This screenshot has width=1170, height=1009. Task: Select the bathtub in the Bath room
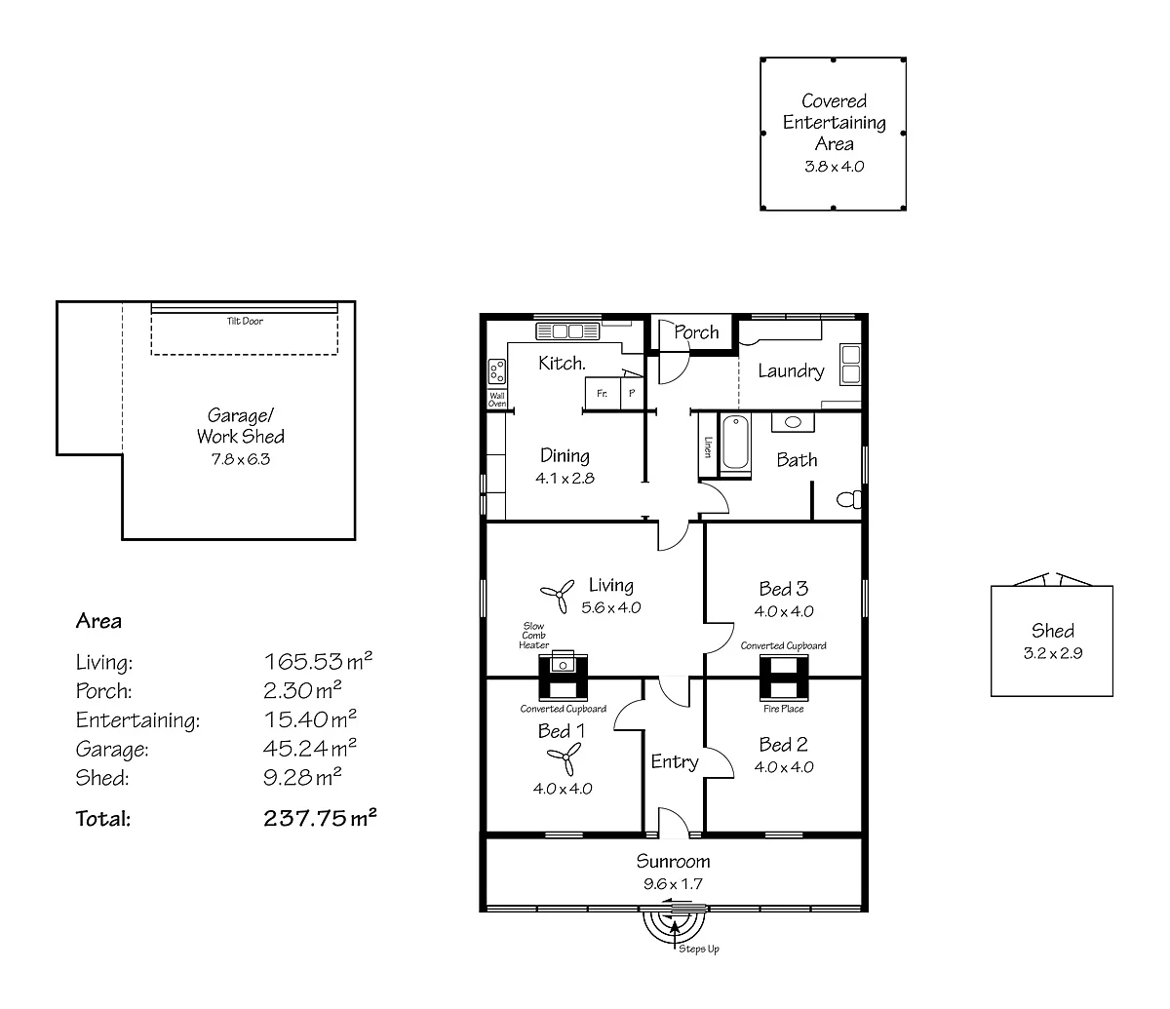click(735, 446)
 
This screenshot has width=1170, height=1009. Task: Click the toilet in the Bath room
click(849, 500)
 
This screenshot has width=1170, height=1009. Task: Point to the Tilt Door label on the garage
click(245, 321)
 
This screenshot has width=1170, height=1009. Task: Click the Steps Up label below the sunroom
click(699, 950)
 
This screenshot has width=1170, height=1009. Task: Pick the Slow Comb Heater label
click(533, 636)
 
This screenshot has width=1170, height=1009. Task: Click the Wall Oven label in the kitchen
click(496, 400)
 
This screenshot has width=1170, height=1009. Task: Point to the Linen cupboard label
click(707, 446)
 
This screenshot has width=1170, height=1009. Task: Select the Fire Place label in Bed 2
click(784, 709)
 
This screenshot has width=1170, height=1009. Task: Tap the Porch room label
click(696, 332)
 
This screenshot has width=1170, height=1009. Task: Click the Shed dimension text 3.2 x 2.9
click(1052, 653)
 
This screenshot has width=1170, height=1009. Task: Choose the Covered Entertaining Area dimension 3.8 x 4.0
click(834, 166)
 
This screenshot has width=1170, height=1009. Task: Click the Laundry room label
click(791, 370)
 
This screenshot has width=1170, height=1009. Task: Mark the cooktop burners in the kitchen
click(496, 370)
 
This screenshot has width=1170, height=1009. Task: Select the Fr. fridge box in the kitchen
click(602, 394)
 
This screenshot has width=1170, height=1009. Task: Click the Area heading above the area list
click(98, 621)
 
